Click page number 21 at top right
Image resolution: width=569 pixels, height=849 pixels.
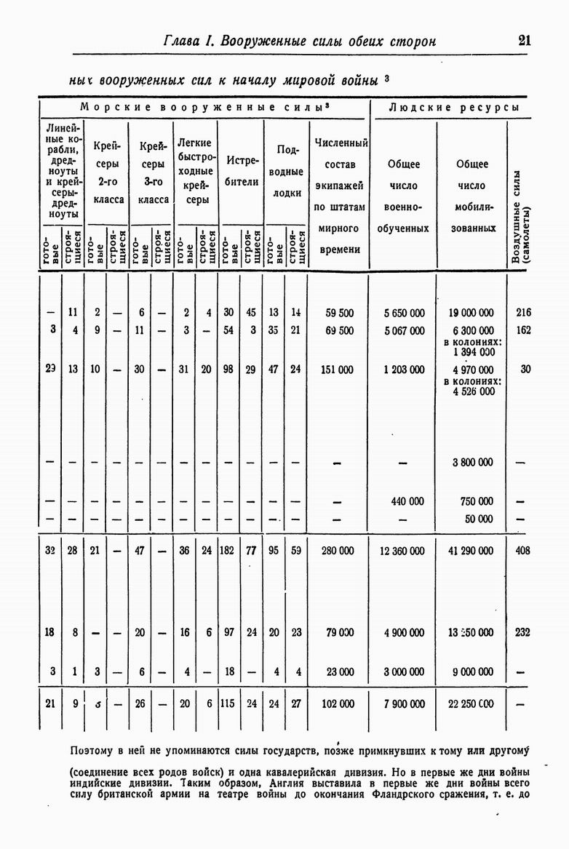point(525,41)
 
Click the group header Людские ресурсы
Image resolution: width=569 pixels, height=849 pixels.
point(453,107)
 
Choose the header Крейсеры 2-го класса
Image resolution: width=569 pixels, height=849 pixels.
point(107,171)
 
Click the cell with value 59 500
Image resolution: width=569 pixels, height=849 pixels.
point(339,313)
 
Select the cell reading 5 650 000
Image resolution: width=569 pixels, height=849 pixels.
point(404,313)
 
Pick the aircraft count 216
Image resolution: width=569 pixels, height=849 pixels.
point(523,313)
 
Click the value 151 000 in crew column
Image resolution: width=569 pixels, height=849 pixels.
point(338,370)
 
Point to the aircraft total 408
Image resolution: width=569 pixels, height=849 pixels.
point(522,551)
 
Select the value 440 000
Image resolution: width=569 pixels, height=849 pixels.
point(407,501)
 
